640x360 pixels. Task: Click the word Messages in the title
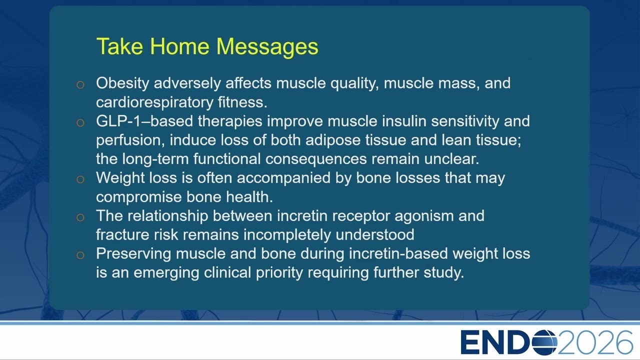click(x=267, y=47)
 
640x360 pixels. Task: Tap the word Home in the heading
click(x=179, y=46)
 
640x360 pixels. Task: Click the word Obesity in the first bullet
click(x=122, y=83)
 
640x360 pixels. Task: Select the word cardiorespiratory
click(x=154, y=102)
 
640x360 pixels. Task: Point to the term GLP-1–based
click(x=144, y=121)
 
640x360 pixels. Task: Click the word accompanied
click(x=283, y=178)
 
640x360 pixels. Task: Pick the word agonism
click(x=424, y=216)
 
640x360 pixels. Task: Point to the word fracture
click(x=122, y=235)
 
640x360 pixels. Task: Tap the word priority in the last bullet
click(x=279, y=273)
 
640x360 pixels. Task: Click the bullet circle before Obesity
click(x=80, y=84)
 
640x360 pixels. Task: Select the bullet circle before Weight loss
click(x=80, y=179)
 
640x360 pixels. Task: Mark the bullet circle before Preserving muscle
click(x=80, y=255)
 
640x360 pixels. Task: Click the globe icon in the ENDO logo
click(x=544, y=342)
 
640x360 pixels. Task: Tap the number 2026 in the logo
click(x=595, y=342)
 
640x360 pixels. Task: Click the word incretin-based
click(x=398, y=253)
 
